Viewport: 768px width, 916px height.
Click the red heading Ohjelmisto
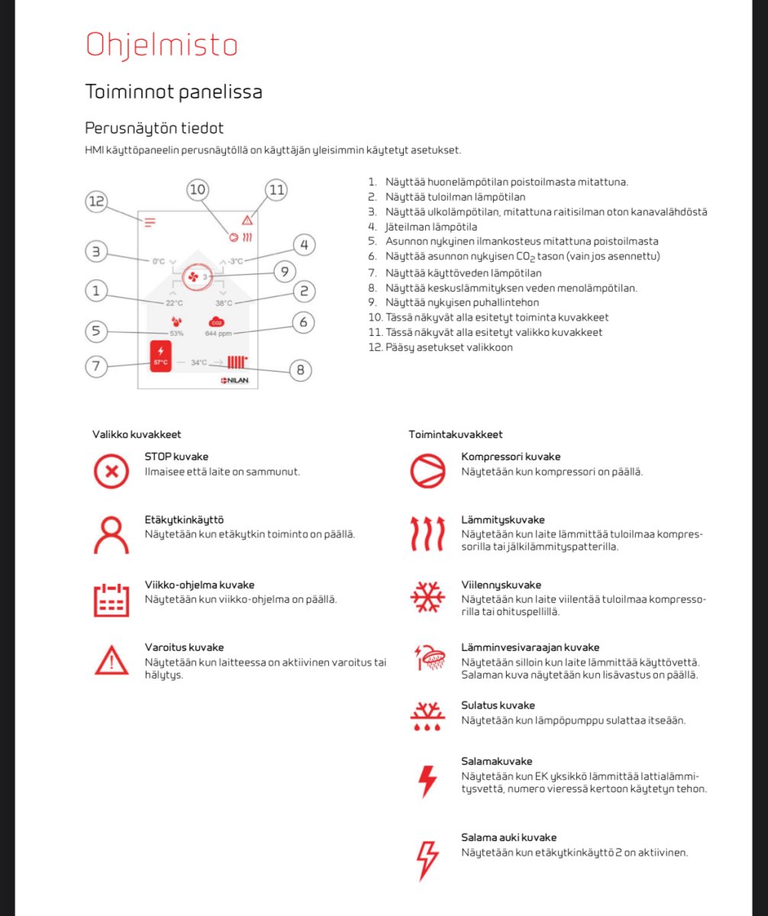coord(161,45)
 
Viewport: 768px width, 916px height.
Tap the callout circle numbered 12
coord(95,202)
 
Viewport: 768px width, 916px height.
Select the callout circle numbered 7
coord(95,366)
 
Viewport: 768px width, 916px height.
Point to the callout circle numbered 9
coord(284,271)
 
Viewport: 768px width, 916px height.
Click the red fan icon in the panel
coord(193,276)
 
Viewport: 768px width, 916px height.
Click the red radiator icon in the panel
coord(237,363)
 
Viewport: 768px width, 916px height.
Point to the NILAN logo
coord(234,379)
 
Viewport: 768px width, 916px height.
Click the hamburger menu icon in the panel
coord(150,223)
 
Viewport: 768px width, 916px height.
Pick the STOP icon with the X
coord(111,470)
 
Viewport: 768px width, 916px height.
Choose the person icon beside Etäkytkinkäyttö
coord(111,534)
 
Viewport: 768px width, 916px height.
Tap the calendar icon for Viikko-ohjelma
coord(111,599)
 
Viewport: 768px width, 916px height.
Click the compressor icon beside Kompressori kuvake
coord(428,470)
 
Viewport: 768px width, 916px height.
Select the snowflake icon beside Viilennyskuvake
coord(428,598)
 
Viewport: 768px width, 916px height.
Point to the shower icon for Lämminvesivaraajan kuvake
coord(428,656)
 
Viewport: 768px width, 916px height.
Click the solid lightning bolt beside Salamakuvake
coord(428,781)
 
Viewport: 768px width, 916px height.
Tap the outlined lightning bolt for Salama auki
coord(428,860)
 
